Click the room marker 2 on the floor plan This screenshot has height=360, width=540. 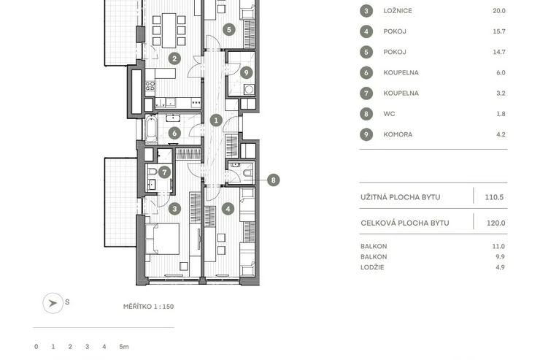(x=174, y=58)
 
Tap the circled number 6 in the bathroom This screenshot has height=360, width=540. (x=174, y=133)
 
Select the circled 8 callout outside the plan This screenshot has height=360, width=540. (x=274, y=180)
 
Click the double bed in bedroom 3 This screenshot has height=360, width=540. (x=162, y=239)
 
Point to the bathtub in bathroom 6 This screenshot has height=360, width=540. (x=151, y=129)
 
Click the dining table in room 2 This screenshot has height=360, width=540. (x=169, y=31)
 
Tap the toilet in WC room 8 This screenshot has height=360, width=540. (x=247, y=172)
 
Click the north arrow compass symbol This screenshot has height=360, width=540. (x=53, y=303)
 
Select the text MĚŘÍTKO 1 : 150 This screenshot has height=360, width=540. (x=148, y=307)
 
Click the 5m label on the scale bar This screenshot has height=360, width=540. (x=124, y=347)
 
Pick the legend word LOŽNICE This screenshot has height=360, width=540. (x=398, y=11)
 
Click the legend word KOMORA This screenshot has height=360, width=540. (x=398, y=134)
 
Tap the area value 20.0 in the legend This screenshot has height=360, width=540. (x=499, y=11)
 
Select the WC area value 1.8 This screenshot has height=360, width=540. (x=501, y=114)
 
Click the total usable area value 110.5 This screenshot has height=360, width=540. (x=494, y=197)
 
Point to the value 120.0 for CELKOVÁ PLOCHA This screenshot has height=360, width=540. (x=496, y=223)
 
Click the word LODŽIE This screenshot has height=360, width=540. (x=372, y=267)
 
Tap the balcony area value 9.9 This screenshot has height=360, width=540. (x=500, y=256)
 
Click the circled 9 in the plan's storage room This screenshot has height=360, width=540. (x=246, y=73)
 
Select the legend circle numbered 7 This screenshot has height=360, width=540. (x=366, y=93)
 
